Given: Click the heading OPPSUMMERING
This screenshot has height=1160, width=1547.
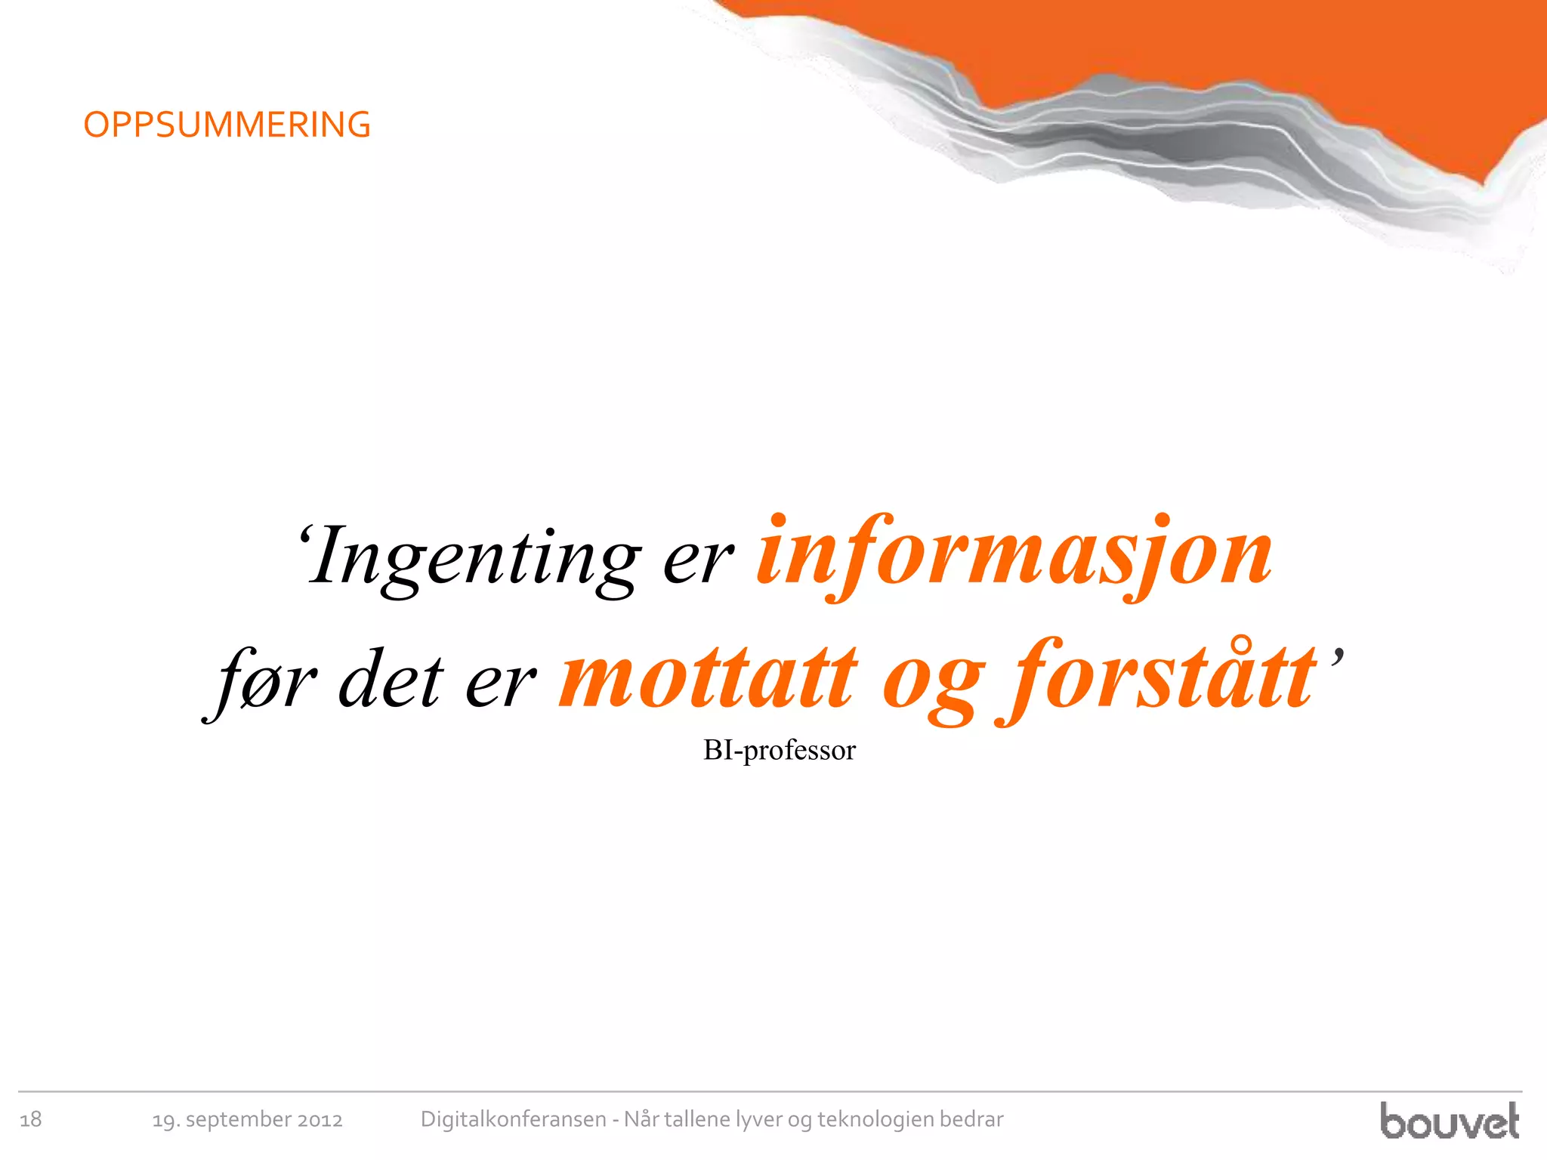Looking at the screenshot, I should [227, 125].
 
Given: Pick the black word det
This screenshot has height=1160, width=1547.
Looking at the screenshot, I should [390, 680].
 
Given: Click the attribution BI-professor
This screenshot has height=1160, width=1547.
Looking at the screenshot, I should [779, 750].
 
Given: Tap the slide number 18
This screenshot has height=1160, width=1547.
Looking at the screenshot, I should [30, 1119].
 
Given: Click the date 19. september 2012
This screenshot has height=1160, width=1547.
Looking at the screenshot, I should [247, 1119].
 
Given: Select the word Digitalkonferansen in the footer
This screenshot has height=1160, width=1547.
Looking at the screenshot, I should [513, 1119].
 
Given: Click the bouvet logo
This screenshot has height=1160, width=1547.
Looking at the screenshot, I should [1449, 1121].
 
